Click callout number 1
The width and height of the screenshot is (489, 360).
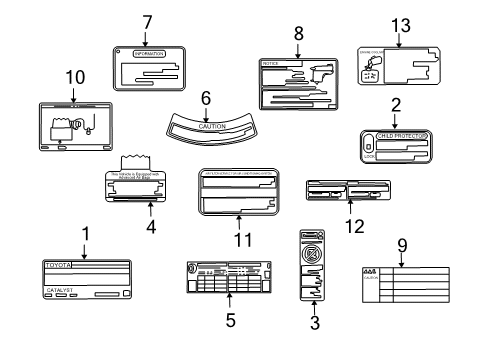(85, 234)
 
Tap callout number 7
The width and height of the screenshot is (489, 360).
(146, 21)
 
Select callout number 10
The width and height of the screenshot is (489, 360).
(47, 77)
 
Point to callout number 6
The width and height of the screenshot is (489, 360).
(205, 98)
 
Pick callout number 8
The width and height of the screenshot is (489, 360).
(298, 33)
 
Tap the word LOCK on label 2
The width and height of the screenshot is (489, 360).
(372, 158)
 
